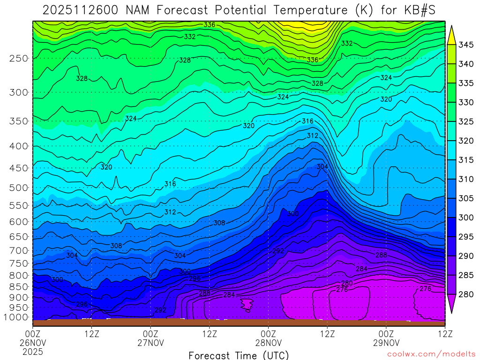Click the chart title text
pos(240,10)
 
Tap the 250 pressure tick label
pos(19,58)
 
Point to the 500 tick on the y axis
pos(19,188)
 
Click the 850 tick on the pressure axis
pos(19,286)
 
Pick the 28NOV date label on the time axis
pos(268,343)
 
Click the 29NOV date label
pos(386,343)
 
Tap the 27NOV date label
pos(150,343)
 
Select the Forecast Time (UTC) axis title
pos(239,355)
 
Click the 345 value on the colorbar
pos(466,45)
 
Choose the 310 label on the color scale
pos(466,179)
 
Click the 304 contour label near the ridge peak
pos(322,167)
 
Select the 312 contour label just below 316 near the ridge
pos(312,136)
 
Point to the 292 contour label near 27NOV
pos(160,310)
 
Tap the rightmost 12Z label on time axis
pos(444,334)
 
